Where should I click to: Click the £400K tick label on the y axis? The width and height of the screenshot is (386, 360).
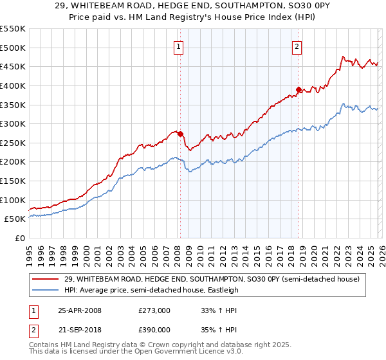click(13, 85)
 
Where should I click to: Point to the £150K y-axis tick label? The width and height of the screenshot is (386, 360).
click(13, 181)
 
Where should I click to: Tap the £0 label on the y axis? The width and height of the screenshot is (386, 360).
click(20, 238)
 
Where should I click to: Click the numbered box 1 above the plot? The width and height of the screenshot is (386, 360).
click(178, 46)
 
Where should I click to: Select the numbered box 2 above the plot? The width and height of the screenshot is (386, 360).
click(297, 46)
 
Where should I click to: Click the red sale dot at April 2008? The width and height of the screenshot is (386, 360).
click(180, 134)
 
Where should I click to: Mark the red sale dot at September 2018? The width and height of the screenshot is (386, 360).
click(299, 89)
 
